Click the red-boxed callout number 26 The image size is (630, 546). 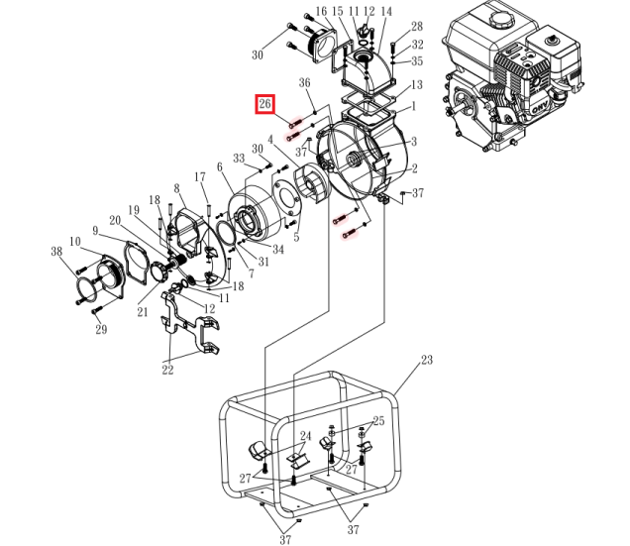(x=264, y=104)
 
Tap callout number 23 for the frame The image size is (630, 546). (x=426, y=361)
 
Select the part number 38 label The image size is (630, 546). (x=56, y=252)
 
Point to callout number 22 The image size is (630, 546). (x=167, y=370)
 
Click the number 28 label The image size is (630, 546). (x=417, y=26)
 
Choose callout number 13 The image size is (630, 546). (x=417, y=85)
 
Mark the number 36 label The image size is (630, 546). (x=305, y=83)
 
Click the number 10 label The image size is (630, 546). (x=74, y=241)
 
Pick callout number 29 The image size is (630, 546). (x=100, y=330)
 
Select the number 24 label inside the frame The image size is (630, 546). (x=305, y=435)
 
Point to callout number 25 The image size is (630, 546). (x=377, y=421)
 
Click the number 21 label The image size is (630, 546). (x=143, y=312)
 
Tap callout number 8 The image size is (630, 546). (x=176, y=188)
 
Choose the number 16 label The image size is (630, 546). (x=321, y=12)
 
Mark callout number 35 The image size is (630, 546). (x=417, y=61)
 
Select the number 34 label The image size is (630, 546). (x=277, y=250)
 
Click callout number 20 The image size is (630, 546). (x=115, y=221)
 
